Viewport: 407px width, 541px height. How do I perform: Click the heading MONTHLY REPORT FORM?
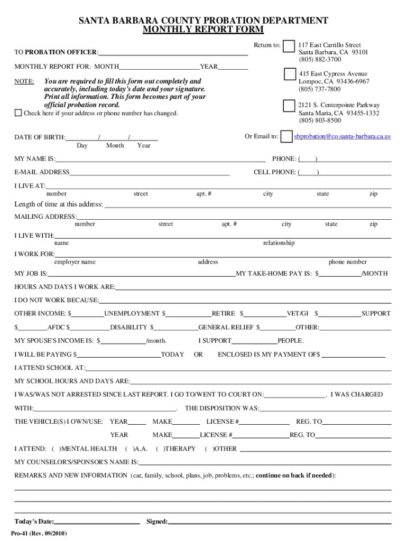203,30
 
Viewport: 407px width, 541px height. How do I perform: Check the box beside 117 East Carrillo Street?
289,46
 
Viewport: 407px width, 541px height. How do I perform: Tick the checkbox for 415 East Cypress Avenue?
290,74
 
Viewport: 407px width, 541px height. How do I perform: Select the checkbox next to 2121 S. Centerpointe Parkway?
289,106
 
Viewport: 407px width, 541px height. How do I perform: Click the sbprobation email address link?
342,136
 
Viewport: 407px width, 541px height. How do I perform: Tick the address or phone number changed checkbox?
18,113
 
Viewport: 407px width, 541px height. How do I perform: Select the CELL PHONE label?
275,172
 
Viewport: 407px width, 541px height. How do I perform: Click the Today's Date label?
34,521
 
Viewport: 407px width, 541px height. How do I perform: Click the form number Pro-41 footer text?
40,533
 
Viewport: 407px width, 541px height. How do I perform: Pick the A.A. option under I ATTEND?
141,449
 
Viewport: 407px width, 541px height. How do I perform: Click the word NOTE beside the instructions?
24,82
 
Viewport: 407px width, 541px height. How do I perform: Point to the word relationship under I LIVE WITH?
279,243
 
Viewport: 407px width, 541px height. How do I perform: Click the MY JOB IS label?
31,274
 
